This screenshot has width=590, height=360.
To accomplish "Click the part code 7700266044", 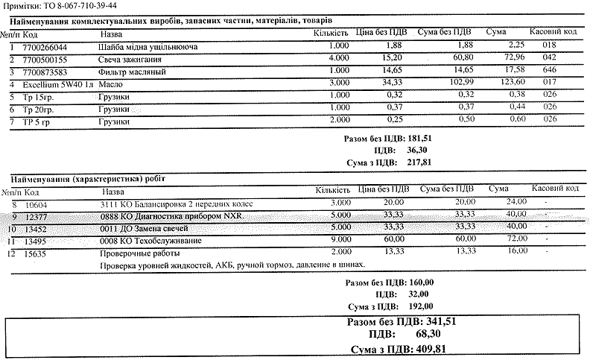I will point(45,46).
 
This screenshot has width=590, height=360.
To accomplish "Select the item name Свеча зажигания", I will point(127,59).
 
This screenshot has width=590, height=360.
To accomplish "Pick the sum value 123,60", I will point(492,83).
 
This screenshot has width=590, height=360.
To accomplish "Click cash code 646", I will point(551,72).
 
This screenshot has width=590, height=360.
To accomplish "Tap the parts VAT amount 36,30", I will point(419,150).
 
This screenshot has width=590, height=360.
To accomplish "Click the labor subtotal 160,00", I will point(422,283).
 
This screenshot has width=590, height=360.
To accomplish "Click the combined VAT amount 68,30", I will point(430,335).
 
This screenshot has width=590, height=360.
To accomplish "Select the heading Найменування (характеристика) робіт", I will point(89,179).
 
